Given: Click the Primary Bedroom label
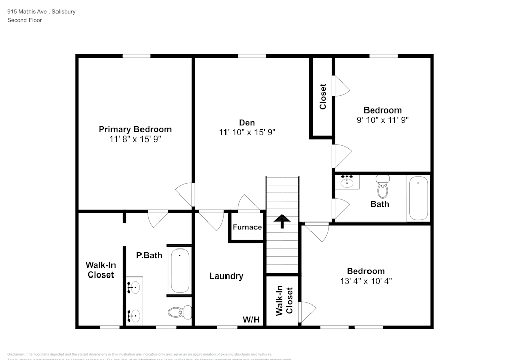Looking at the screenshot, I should tap(135, 129).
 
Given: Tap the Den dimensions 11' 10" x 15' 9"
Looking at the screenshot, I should tap(247, 132).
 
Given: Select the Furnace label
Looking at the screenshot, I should tap(247, 227).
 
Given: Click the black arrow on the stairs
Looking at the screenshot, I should tap(282, 220).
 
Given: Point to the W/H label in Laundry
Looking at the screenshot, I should tap(251, 320).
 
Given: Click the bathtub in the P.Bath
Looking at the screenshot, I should tap(180, 270).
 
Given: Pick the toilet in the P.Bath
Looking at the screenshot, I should tap(180, 312).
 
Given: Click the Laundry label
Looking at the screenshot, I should tap(227, 276).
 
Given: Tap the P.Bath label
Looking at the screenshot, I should tap(149, 255).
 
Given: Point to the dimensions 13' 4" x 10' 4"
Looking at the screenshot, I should tap(366, 281).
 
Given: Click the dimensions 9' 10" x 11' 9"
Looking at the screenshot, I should tap(382, 120).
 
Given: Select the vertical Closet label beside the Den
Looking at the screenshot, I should tap(322, 97).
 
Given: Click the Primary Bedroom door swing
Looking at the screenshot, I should tap(185, 195).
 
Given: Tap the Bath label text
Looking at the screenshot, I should tap(380, 204).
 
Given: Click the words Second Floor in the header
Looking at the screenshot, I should tap(24, 20).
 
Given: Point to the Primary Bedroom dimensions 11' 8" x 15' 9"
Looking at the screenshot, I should tap(135, 139).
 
